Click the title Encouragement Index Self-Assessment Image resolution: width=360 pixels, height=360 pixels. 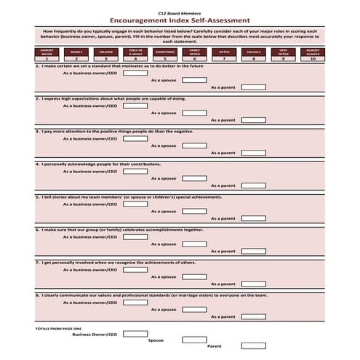tap(179, 22)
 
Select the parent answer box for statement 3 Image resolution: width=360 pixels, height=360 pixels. tap(253, 153)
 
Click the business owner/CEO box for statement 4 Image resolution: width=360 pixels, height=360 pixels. tap(135, 172)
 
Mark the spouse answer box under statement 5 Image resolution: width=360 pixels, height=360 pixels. tap(193, 211)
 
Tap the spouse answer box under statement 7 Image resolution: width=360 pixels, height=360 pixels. tap(193, 276)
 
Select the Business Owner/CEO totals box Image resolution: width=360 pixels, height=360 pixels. tap(135, 334)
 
